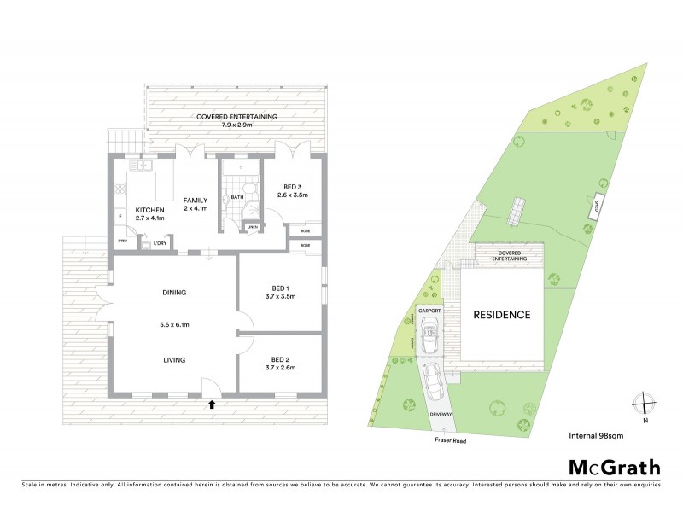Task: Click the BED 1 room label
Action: click(280, 288)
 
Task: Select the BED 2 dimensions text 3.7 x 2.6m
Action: click(280, 368)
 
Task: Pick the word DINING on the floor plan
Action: click(173, 293)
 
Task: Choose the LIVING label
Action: click(173, 359)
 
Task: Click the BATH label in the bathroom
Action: click(238, 198)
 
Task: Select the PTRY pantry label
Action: click(123, 241)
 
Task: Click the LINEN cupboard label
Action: click(253, 227)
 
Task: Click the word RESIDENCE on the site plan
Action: click(501, 315)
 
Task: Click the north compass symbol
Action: click(645, 404)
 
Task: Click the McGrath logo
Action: click(614, 467)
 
